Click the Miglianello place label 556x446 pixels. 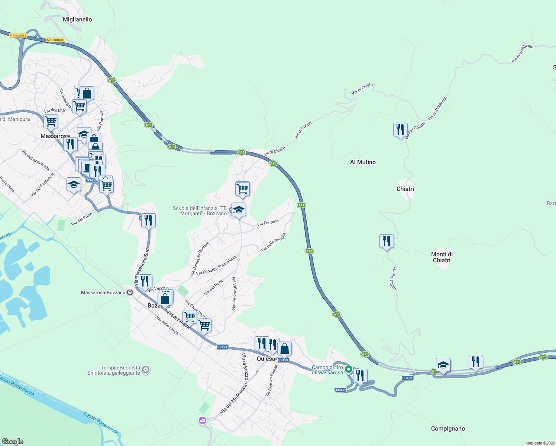tap(77, 19)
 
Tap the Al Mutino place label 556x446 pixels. tap(363, 162)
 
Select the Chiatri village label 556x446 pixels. tap(405, 189)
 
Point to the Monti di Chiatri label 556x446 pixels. tap(442, 257)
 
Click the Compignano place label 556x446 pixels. tap(448, 429)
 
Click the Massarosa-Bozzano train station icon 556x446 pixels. tap(130, 293)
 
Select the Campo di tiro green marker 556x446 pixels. tap(349, 369)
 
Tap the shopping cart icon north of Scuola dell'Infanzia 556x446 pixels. tap(242, 189)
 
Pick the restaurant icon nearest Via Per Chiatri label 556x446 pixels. tap(400, 130)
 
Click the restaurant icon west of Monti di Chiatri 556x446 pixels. tap(387, 241)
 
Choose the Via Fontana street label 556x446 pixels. tap(268, 223)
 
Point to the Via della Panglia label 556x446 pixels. tap(273, 242)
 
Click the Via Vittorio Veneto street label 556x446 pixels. tap(234, 294)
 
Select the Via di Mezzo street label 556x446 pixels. tap(245, 367)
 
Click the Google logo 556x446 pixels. tap(13, 442)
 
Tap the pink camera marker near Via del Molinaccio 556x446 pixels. tap(203, 420)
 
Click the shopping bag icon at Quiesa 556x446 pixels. tap(284, 349)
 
